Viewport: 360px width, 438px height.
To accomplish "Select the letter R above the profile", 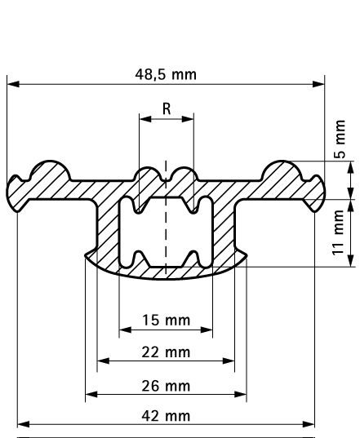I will [x=167, y=107].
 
